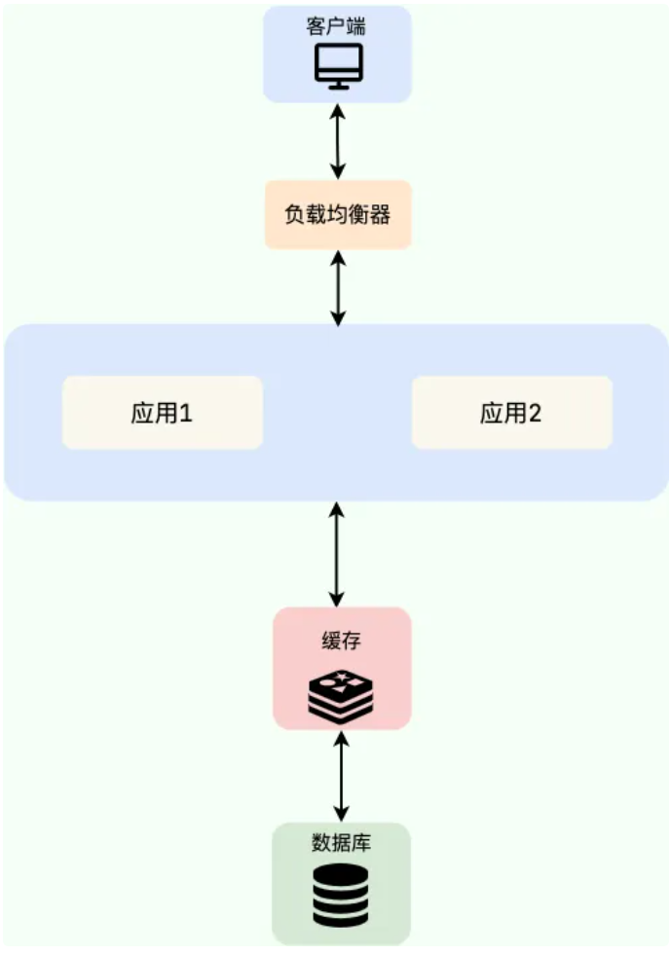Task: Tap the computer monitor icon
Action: [x=338, y=66]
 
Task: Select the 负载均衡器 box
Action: [x=338, y=214]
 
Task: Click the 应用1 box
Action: [x=163, y=413]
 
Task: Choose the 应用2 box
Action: [x=511, y=413]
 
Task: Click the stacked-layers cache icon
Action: [x=341, y=694]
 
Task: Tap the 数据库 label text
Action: [x=341, y=843]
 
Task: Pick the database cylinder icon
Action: [x=341, y=895]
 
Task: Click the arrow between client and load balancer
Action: [x=338, y=141]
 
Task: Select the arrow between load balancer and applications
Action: [x=338, y=287]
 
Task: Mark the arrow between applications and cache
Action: [x=337, y=555]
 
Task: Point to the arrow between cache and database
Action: [x=341, y=776]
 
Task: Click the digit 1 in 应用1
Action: [x=186, y=414]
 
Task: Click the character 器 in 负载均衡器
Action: [x=381, y=215]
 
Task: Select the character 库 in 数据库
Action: [x=361, y=843]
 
